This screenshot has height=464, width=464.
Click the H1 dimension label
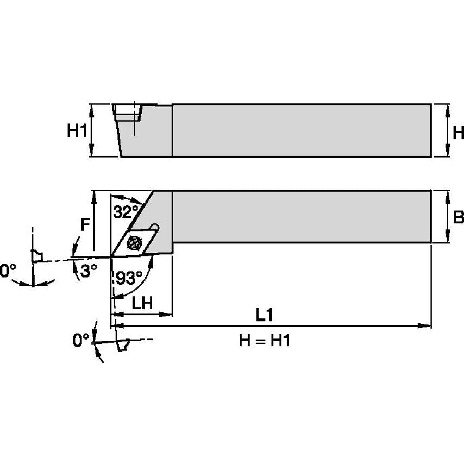[77, 130]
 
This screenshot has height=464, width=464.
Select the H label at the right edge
[458, 132]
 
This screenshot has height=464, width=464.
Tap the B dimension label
[458, 218]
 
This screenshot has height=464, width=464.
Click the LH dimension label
[142, 303]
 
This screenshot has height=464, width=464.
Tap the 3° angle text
[87, 271]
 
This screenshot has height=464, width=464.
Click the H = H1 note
[265, 341]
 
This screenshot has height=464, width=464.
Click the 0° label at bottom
[81, 340]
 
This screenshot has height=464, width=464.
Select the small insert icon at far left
[37, 255]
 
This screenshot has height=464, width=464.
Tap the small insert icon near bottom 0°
[123, 344]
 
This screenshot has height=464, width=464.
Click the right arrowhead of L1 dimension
[427, 326]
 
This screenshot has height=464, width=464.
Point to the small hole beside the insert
[155, 226]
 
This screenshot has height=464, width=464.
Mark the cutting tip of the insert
[112, 255]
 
